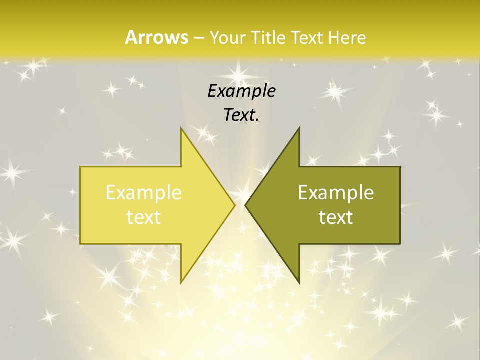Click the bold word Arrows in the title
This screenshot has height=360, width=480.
(x=156, y=37)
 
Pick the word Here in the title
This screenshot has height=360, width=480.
(x=348, y=37)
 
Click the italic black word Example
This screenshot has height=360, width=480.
(x=241, y=91)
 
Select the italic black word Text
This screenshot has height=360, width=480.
(x=239, y=115)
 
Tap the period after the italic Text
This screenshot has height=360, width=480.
(x=258, y=120)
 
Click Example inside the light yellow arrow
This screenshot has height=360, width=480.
(x=144, y=192)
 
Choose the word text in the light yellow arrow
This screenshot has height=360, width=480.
(x=144, y=217)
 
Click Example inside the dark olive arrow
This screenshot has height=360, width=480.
(x=336, y=192)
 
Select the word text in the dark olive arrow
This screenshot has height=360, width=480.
(x=336, y=217)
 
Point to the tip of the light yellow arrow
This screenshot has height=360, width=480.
(x=234, y=205)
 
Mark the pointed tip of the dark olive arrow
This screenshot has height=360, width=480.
(x=245, y=205)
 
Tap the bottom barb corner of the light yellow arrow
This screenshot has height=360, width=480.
(x=181, y=282)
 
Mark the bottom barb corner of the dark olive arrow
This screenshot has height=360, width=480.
(x=299, y=282)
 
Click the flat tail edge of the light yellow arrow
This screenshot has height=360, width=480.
(x=81, y=205)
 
